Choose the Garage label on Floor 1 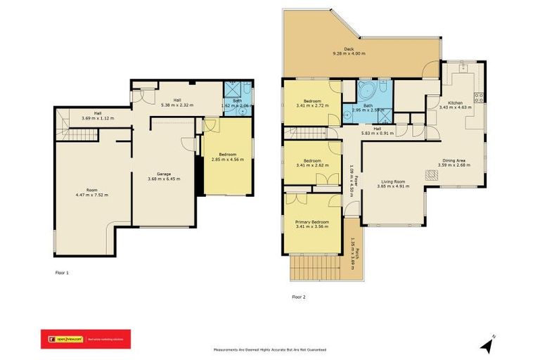click(165, 174)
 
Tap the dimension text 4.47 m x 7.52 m click(92, 195)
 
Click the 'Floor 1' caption click(62, 272)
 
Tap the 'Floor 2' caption click(299, 297)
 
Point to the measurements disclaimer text click(270, 349)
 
